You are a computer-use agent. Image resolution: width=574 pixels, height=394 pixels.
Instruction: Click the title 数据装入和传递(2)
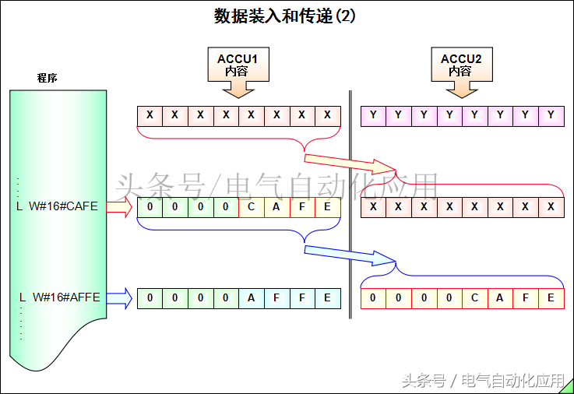pyautogui.click(x=285, y=16)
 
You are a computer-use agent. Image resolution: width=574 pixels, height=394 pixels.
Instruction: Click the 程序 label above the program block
pyautogui.click(x=48, y=78)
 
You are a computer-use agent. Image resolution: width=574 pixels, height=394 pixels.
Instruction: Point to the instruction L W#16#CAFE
pyautogui.click(x=58, y=206)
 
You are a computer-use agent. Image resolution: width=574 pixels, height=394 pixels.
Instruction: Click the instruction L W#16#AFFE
pyautogui.click(x=59, y=297)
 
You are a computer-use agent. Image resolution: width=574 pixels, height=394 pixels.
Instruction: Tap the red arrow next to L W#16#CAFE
pyautogui.click(x=120, y=207)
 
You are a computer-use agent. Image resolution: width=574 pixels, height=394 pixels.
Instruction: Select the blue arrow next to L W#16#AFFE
pyautogui.click(x=120, y=297)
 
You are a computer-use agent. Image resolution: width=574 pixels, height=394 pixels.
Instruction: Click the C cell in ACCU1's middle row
pyautogui.click(x=252, y=207)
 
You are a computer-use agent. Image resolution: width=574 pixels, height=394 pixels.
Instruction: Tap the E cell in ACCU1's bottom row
pyautogui.click(x=328, y=297)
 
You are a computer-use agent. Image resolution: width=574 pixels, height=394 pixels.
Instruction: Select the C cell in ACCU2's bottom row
pyautogui.click(x=475, y=297)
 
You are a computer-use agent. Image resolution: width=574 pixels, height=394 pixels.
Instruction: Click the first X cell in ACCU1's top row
pyautogui.click(x=150, y=116)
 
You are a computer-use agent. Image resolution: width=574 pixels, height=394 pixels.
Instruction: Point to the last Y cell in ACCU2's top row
pyautogui.click(x=551, y=116)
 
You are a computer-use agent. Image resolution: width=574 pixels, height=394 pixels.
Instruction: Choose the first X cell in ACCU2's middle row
pyautogui.click(x=374, y=207)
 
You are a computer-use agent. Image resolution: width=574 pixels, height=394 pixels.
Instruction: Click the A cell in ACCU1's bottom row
pyautogui.click(x=252, y=297)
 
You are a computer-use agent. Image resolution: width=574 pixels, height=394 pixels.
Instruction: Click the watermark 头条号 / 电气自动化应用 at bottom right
pyautogui.click(x=483, y=381)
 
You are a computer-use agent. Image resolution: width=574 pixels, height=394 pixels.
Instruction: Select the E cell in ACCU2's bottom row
pyautogui.click(x=551, y=297)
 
